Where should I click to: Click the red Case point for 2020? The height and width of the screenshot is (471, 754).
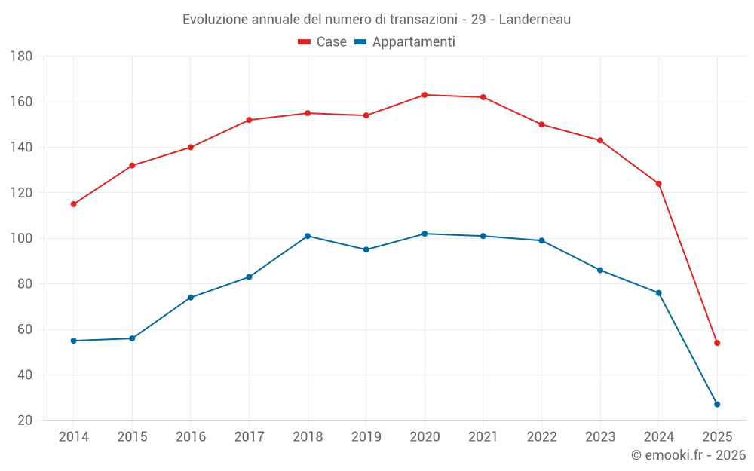425,95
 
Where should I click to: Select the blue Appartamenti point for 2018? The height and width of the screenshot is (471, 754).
308,236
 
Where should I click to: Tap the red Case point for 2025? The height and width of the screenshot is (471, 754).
717,343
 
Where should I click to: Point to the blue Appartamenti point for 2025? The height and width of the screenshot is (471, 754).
717,405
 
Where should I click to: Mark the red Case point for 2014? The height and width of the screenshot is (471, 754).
73,204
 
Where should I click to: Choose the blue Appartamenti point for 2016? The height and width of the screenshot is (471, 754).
191,298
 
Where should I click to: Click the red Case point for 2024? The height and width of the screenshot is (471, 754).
658,184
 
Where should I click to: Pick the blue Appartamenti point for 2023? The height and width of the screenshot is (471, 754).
600,270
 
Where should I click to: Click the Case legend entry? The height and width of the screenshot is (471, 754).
323,42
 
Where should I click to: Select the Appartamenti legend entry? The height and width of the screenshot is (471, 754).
405,42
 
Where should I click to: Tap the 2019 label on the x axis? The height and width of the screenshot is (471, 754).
366,437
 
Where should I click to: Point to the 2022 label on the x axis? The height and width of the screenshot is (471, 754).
541,437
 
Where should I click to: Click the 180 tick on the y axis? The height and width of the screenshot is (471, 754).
21,57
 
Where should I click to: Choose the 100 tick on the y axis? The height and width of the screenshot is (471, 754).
21,239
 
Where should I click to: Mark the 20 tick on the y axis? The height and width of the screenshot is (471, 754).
24,421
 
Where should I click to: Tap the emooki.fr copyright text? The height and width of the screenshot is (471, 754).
688,455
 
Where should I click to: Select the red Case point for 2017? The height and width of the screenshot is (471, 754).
249,120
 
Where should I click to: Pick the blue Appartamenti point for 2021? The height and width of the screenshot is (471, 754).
483,236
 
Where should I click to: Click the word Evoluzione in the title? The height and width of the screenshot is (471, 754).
214,20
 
